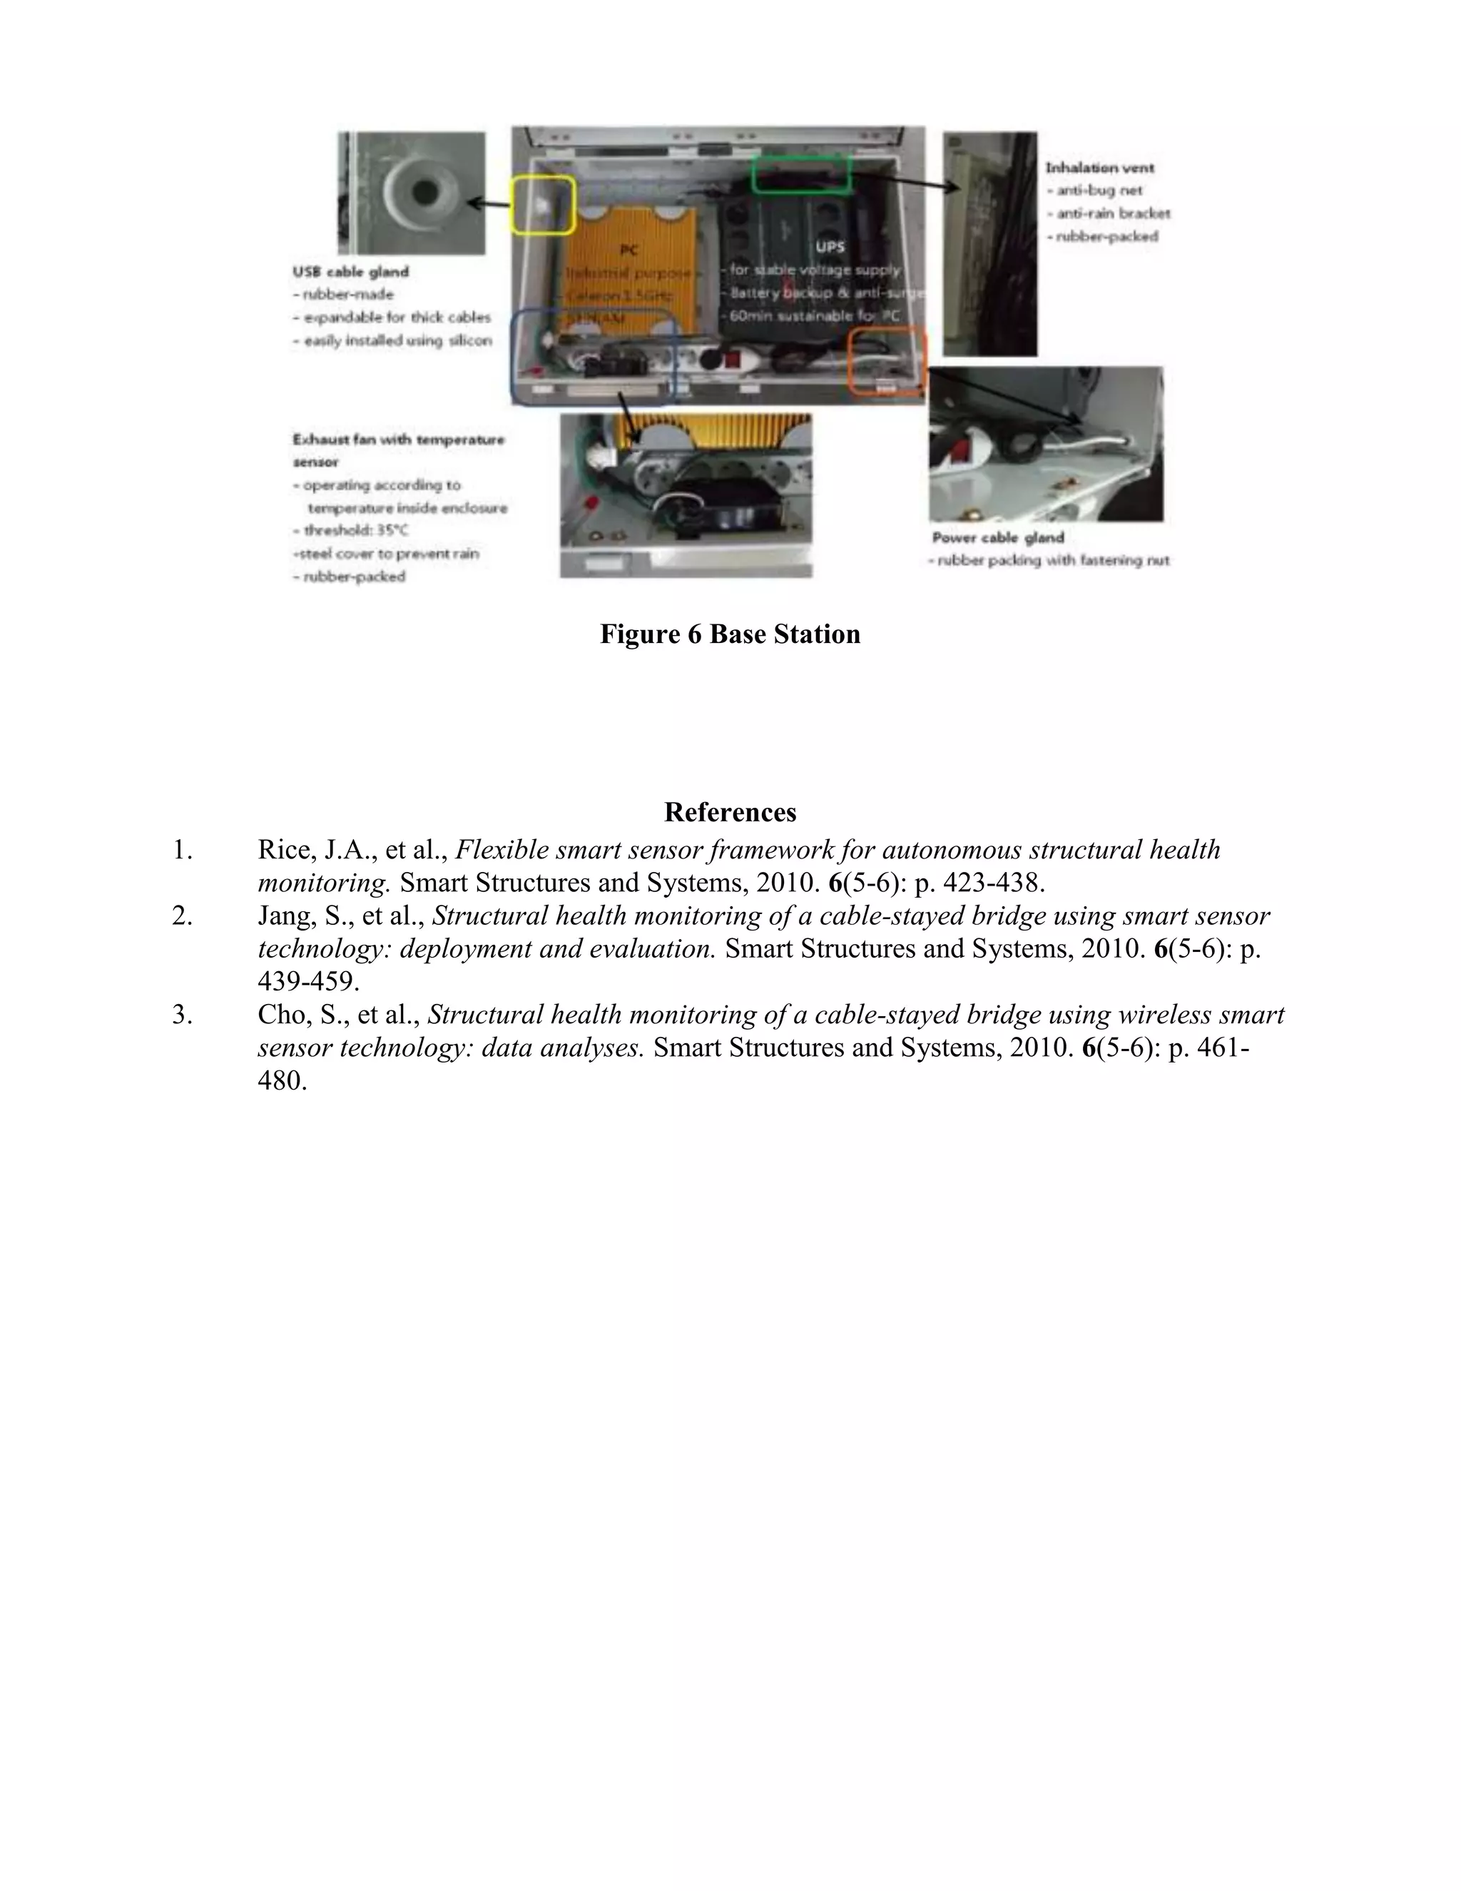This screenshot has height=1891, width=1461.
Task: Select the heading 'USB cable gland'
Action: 350,272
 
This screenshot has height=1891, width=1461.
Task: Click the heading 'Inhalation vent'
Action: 1099,168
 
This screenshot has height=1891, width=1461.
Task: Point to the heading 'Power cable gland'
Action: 998,538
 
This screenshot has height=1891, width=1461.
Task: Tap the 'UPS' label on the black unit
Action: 829,247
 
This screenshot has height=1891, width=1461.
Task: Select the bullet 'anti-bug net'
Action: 1099,191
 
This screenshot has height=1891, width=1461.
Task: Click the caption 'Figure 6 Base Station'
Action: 730,634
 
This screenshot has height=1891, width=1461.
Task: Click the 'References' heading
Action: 730,812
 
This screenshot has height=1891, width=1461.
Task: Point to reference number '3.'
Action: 182,1015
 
